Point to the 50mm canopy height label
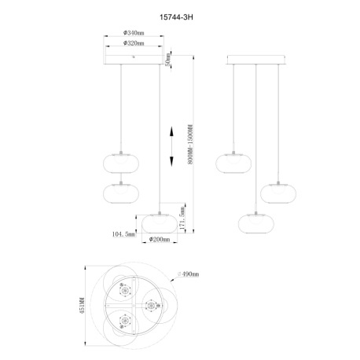[168, 58]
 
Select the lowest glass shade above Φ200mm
[160, 219]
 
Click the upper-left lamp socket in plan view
[123, 289]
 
